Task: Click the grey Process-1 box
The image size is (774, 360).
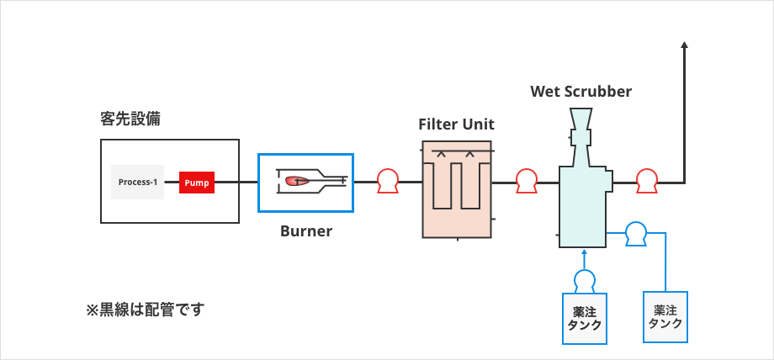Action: (x=137, y=182)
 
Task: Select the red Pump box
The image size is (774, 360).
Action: (x=196, y=182)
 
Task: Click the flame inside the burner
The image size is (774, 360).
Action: (x=295, y=180)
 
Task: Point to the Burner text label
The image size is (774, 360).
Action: (x=305, y=231)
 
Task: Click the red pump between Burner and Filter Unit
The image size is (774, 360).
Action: (x=387, y=181)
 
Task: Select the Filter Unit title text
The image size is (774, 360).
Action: (x=456, y=124)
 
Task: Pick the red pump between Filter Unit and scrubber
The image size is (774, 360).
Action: (x=526, y=181)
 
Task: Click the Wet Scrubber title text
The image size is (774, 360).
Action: (x=580, y=91)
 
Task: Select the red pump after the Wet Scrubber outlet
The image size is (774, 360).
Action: (x=646, y=181)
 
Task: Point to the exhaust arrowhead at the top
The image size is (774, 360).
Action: (x=684, y=46)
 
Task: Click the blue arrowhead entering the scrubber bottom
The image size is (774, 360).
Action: (x=583, y=251)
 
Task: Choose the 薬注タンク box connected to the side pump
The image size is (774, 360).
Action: (x=665, y=317)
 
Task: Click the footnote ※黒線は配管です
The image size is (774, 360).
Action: (x=145, y=310)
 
